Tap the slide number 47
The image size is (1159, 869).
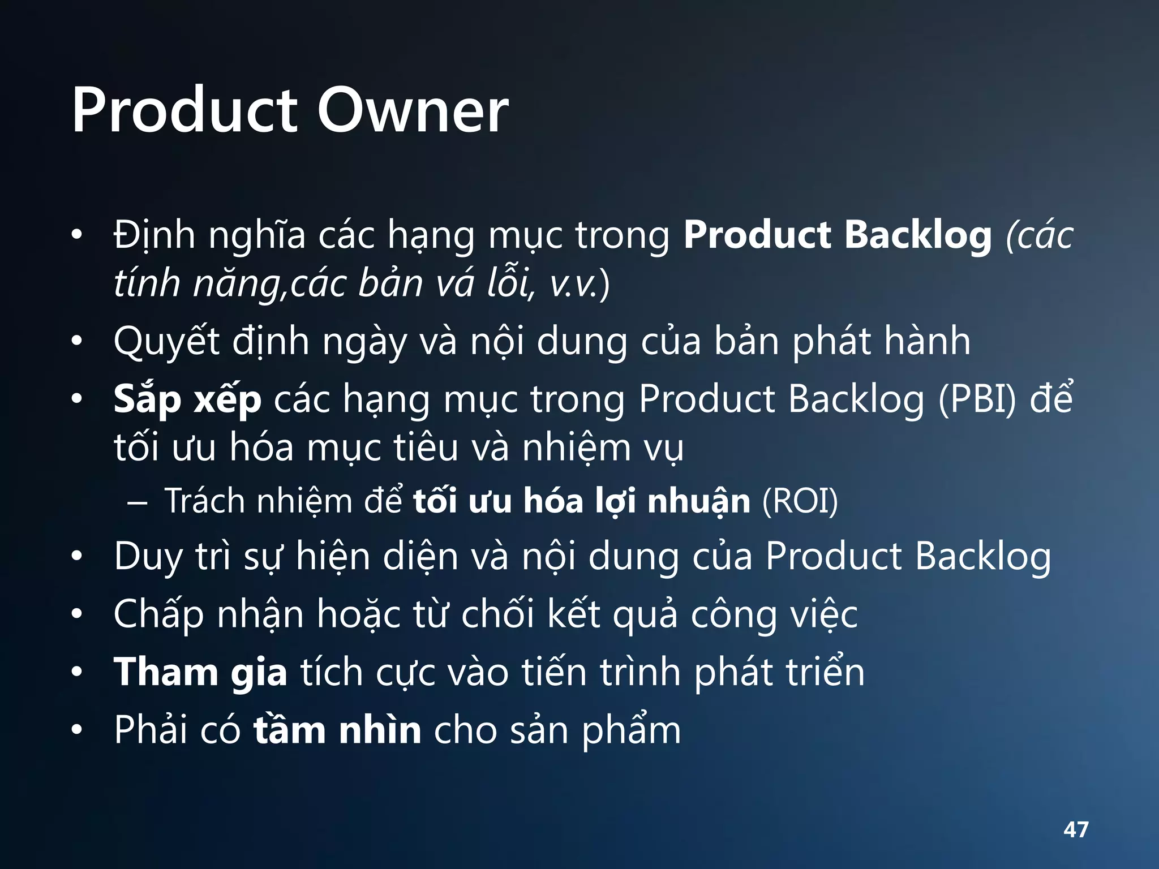tap(1076, 829)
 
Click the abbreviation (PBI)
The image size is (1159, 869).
tap(977, 399)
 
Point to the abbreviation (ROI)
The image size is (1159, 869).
tap(800, 501)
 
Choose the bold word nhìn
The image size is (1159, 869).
tap(380, 730)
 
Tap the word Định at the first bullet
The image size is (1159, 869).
tap(154, 235)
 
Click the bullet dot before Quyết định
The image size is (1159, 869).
tap(77, 341)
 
